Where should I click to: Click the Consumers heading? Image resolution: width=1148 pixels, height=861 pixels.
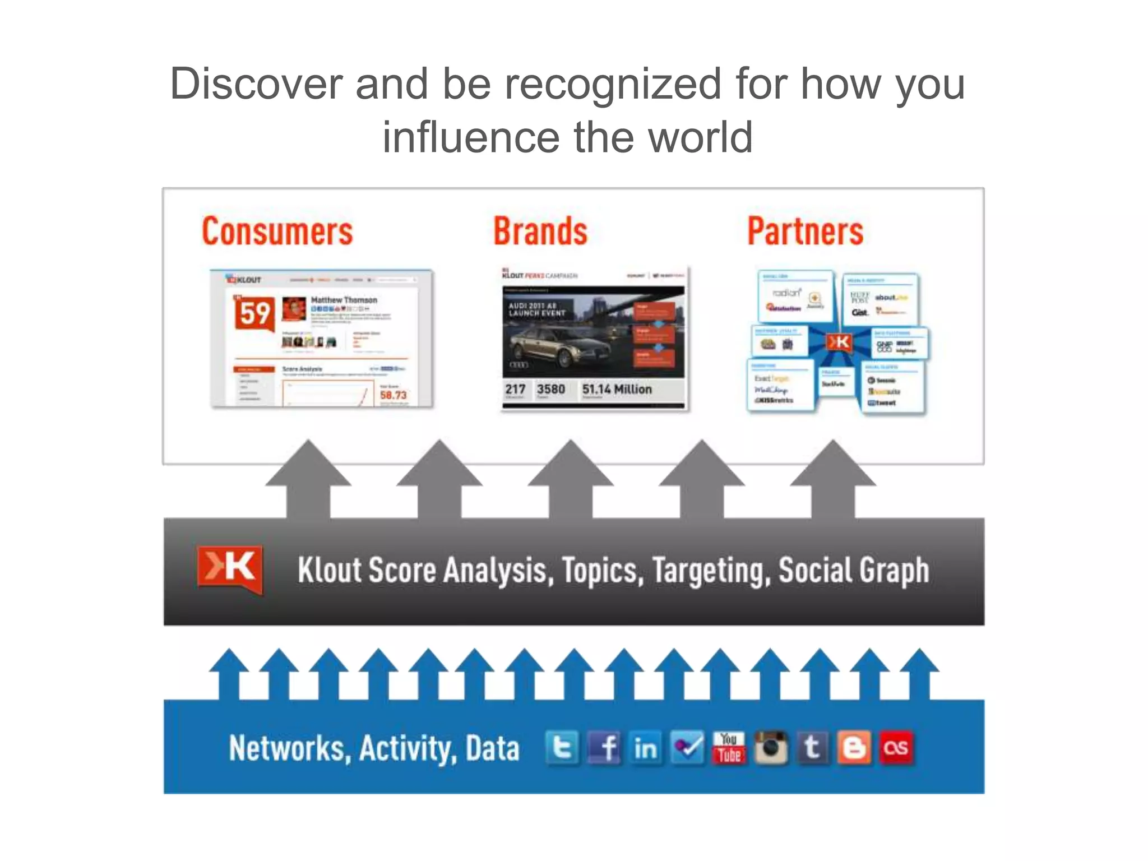point(277,232)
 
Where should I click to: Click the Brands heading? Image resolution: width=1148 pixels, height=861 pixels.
point(540,232)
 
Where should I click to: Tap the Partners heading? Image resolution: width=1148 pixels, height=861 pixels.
point(806,232)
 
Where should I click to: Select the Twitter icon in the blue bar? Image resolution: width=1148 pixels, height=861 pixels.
point(562,748)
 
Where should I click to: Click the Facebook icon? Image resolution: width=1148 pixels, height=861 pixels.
point(604,748)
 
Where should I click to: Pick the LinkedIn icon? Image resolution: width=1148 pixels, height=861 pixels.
point(645,748)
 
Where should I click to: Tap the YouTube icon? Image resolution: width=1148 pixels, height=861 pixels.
point(729,748)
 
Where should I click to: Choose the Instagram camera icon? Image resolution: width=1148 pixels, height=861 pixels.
point(771,748)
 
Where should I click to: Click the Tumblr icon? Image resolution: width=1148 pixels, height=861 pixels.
point(812,748)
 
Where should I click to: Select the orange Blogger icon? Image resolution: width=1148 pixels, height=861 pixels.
point(854,748)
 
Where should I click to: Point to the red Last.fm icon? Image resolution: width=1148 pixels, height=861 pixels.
point(896,748)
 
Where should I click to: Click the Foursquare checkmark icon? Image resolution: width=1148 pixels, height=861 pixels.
point(687,748)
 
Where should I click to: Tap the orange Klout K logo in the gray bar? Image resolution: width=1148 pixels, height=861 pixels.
point(230,568)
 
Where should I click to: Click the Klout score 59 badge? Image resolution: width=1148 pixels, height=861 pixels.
point(254,313)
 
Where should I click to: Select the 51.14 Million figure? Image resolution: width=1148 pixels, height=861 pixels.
point(617,389)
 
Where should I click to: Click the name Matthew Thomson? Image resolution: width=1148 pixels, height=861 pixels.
point(344,300)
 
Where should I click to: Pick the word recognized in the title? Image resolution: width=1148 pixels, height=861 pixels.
point(613,84)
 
